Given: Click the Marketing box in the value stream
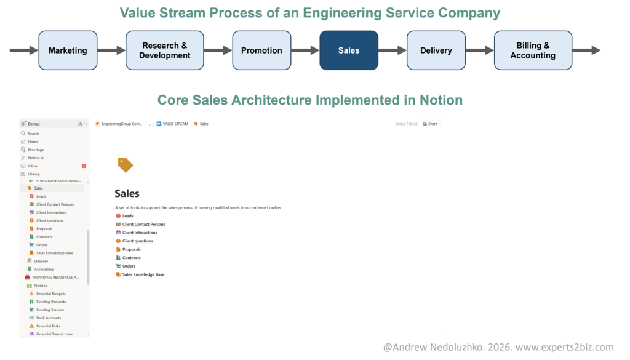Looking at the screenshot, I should tap(68, 50).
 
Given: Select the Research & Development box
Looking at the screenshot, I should tap(164, 50).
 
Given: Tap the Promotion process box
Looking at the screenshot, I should tap(261, 50).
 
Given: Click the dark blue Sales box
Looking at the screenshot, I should tap(349, 50).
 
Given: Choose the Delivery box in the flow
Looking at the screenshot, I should tap(436, 50).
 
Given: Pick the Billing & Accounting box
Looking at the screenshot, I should tap(533, 50).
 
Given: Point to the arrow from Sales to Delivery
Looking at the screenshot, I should tap(393, 50).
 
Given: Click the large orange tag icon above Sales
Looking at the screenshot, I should tap(125, 165).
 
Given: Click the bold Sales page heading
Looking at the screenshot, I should tap(127, 194).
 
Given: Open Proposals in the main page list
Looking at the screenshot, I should tap(131, 249).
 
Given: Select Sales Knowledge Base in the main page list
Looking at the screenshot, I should tap(143, 274).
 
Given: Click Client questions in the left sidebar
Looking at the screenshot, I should tap(49, 220).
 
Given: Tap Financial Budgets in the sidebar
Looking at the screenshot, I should tap(50, 294).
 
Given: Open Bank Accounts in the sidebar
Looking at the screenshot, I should tap(49, 318).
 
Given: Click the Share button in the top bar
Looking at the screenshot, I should tap(433, 124).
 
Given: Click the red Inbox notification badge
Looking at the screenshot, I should tap(84, 166).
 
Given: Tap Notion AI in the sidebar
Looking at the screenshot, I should tap(36, 158).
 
